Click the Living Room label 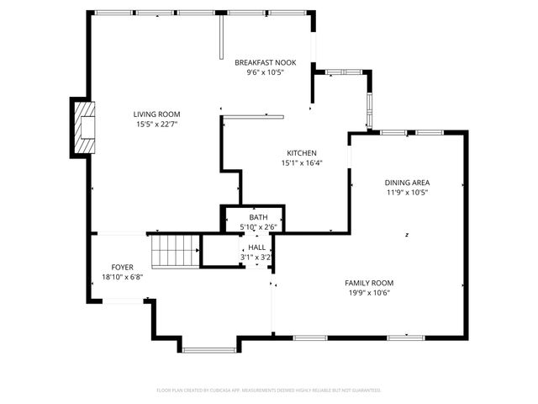coord(156,114)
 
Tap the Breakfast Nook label coord(265,62)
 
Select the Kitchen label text coord(300,153)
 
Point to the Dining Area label coord(407,183)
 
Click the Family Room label coord(368,283)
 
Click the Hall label coord(257,247)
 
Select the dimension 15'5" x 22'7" coord(156,125)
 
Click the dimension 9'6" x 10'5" coord(265,72)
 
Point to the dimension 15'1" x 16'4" coord(300,163)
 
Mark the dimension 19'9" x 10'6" coord(368,293)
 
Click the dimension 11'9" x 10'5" coord(407,193)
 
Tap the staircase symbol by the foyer coord(175,251)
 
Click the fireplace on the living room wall coord(82,128)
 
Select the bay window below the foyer coord(209,349)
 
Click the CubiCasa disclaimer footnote coord(269,391)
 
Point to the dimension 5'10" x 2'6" coord(253,227)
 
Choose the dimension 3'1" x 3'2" coord(255,258)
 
